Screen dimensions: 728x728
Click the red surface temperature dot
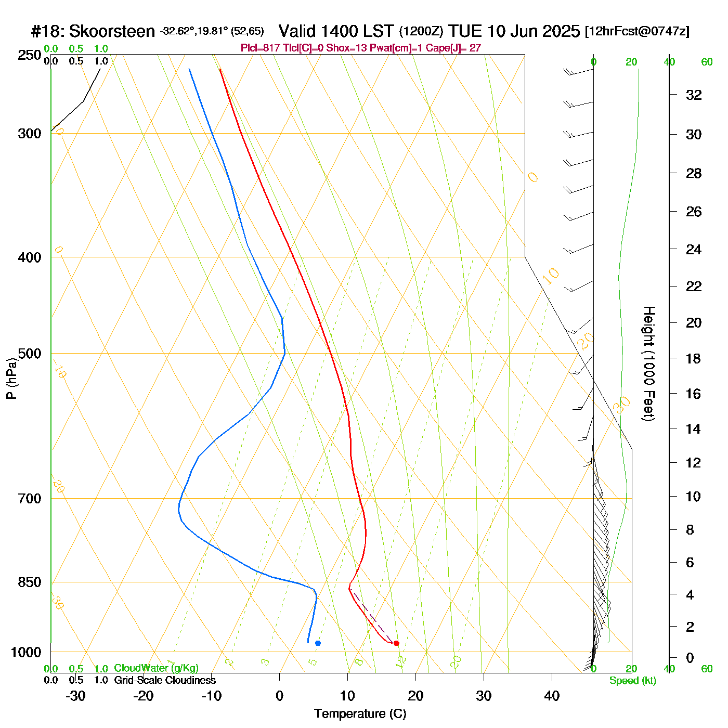(x=396, y=643)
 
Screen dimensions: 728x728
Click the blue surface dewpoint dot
(x=318, y=643)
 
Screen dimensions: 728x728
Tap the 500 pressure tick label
(x=30, y=354)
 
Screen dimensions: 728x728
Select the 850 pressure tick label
(x=30, y=582)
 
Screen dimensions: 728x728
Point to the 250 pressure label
(x=30, y=55)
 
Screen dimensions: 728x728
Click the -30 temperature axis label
(x=75, y=696)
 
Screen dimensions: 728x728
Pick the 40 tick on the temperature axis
(x=552, y=696)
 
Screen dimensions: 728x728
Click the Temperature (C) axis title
(x=360, y=714)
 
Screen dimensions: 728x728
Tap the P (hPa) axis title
(x=11, y=378)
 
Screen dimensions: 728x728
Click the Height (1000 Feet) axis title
(x=648, y=363)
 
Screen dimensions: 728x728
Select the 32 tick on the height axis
(x=694, y=95)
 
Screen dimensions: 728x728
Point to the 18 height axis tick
(x=694, y=358)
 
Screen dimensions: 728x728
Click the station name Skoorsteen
(x=112, y=31)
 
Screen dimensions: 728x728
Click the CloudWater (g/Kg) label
(x=157, y=668)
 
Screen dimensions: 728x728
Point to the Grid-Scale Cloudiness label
(x=165, y=680)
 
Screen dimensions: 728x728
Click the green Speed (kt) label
(x=633, y=681)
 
